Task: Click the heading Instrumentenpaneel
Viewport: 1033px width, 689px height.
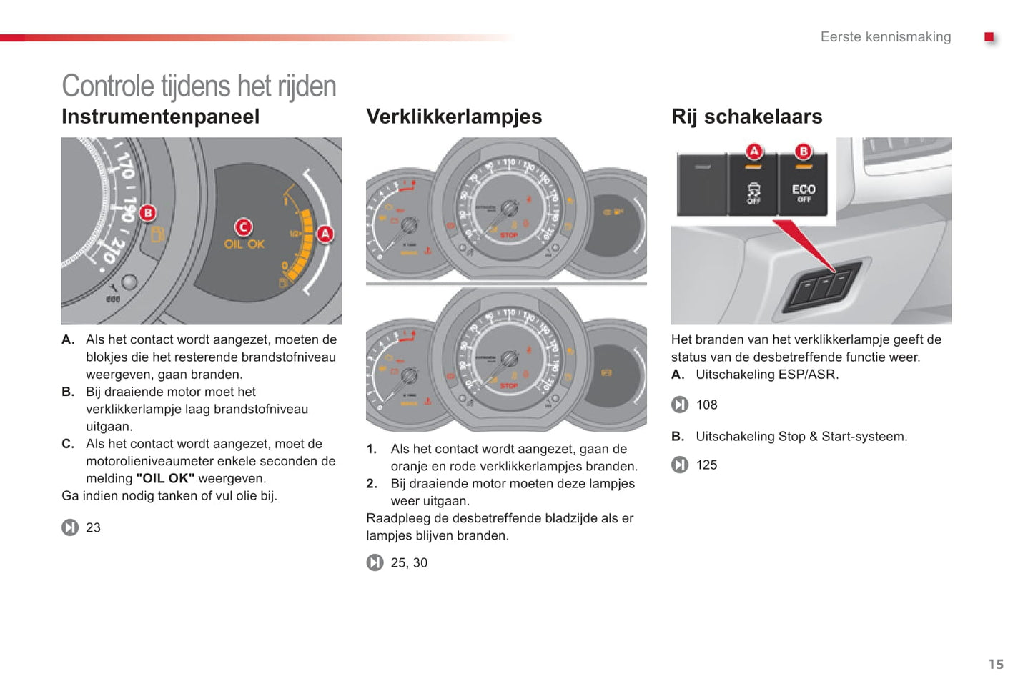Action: tap(160, 117)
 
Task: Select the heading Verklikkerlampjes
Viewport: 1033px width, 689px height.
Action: tap(454, 117)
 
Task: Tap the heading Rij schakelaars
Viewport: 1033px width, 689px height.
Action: tap(746, 117)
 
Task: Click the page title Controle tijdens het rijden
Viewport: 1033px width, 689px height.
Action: tap(199, 86)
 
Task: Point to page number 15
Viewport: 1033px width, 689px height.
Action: tap(996, 665)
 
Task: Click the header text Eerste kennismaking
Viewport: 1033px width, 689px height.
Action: tap(885, 37)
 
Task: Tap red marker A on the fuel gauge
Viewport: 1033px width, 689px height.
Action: tap(325, 234)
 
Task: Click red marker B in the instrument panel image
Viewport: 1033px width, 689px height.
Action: tap(147, 212)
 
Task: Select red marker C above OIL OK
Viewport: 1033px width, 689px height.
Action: tap(243, 227)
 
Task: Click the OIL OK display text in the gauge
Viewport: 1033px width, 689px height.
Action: tap(244, 244)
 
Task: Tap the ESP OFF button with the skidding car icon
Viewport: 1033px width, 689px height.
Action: tap(753, 192)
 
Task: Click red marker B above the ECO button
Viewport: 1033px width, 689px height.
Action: tap(804, 152)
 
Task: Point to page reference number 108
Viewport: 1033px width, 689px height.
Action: tap(706, 405)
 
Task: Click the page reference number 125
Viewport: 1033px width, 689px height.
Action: tap(706, 465)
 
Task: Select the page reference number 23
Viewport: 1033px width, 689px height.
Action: tap(93, 528)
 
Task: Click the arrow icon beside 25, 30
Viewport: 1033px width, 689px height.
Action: tap(375, 563)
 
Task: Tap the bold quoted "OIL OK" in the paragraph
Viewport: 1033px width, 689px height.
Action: tap(165, 479)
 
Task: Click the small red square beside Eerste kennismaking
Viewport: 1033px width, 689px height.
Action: tap(989, 37)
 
